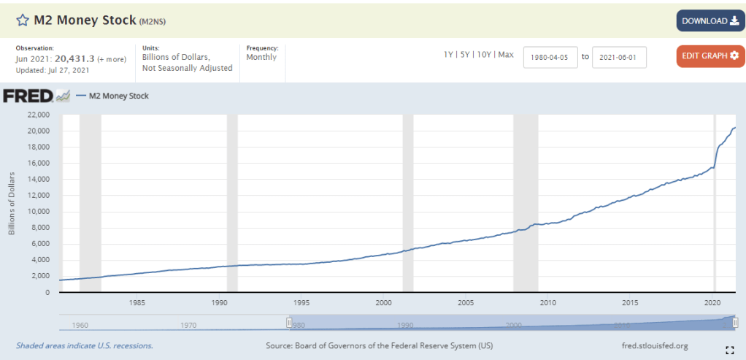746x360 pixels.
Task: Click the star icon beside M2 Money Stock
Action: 23,20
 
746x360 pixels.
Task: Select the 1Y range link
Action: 449,55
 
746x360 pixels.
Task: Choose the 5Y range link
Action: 465,55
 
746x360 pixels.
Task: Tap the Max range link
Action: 506,55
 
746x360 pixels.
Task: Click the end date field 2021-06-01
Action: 618,57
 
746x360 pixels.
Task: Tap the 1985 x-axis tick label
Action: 135,302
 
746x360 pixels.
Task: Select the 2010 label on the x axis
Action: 547,302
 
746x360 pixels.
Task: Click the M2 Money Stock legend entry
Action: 118,96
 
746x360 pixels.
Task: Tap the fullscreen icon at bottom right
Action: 729,349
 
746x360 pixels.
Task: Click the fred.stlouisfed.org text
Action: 652,345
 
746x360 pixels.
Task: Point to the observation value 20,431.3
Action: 74,58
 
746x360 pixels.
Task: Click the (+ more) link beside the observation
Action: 112,59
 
